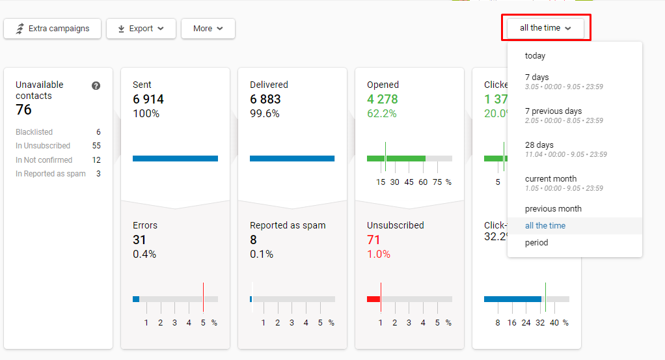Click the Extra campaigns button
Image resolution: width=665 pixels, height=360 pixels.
click(52, 29)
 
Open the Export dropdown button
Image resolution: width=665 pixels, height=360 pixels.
click(141, 29)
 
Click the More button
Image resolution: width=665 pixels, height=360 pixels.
click(208, 29)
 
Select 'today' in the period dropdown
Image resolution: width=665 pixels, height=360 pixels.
click(535, 56)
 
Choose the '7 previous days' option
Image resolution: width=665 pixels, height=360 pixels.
click(553, 111)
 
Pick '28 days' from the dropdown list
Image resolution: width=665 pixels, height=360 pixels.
click(539, 145)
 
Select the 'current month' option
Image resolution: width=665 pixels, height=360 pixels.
click(550, 179)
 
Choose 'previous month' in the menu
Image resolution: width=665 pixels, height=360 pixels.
click(553, 209)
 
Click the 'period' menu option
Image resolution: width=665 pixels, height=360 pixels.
click(536, 243)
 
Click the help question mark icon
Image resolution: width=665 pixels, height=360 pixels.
click(96, 85)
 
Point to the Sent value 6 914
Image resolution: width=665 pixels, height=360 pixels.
click(148, 100)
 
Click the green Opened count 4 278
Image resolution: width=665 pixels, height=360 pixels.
click(383, 100)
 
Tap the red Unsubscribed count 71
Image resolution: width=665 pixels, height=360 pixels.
click(373, 240)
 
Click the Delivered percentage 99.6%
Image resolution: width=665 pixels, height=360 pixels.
click(265, 114)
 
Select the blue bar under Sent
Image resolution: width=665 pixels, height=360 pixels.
click(175, 158)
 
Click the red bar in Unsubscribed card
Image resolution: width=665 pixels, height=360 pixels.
click(373, 299)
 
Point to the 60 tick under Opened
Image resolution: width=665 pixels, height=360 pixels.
click(423, 182)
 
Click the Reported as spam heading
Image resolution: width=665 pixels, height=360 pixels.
click(288, 225)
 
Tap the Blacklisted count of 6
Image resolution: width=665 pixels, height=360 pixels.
click(98, 132)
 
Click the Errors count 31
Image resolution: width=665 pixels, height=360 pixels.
click(140, 240)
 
